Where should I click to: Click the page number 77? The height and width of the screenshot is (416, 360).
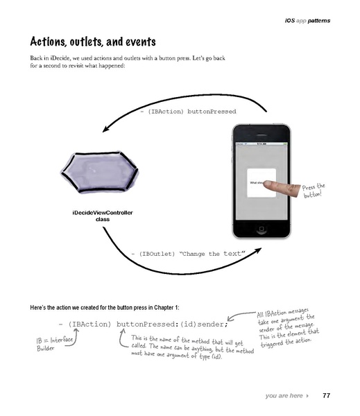pyautogui.click(x=326, y=395)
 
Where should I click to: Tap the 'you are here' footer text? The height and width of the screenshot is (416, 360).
pyautogui.click(x=284, y=395)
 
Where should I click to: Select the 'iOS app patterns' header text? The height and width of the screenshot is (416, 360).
pyautogui.click(x=307, y=21)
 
